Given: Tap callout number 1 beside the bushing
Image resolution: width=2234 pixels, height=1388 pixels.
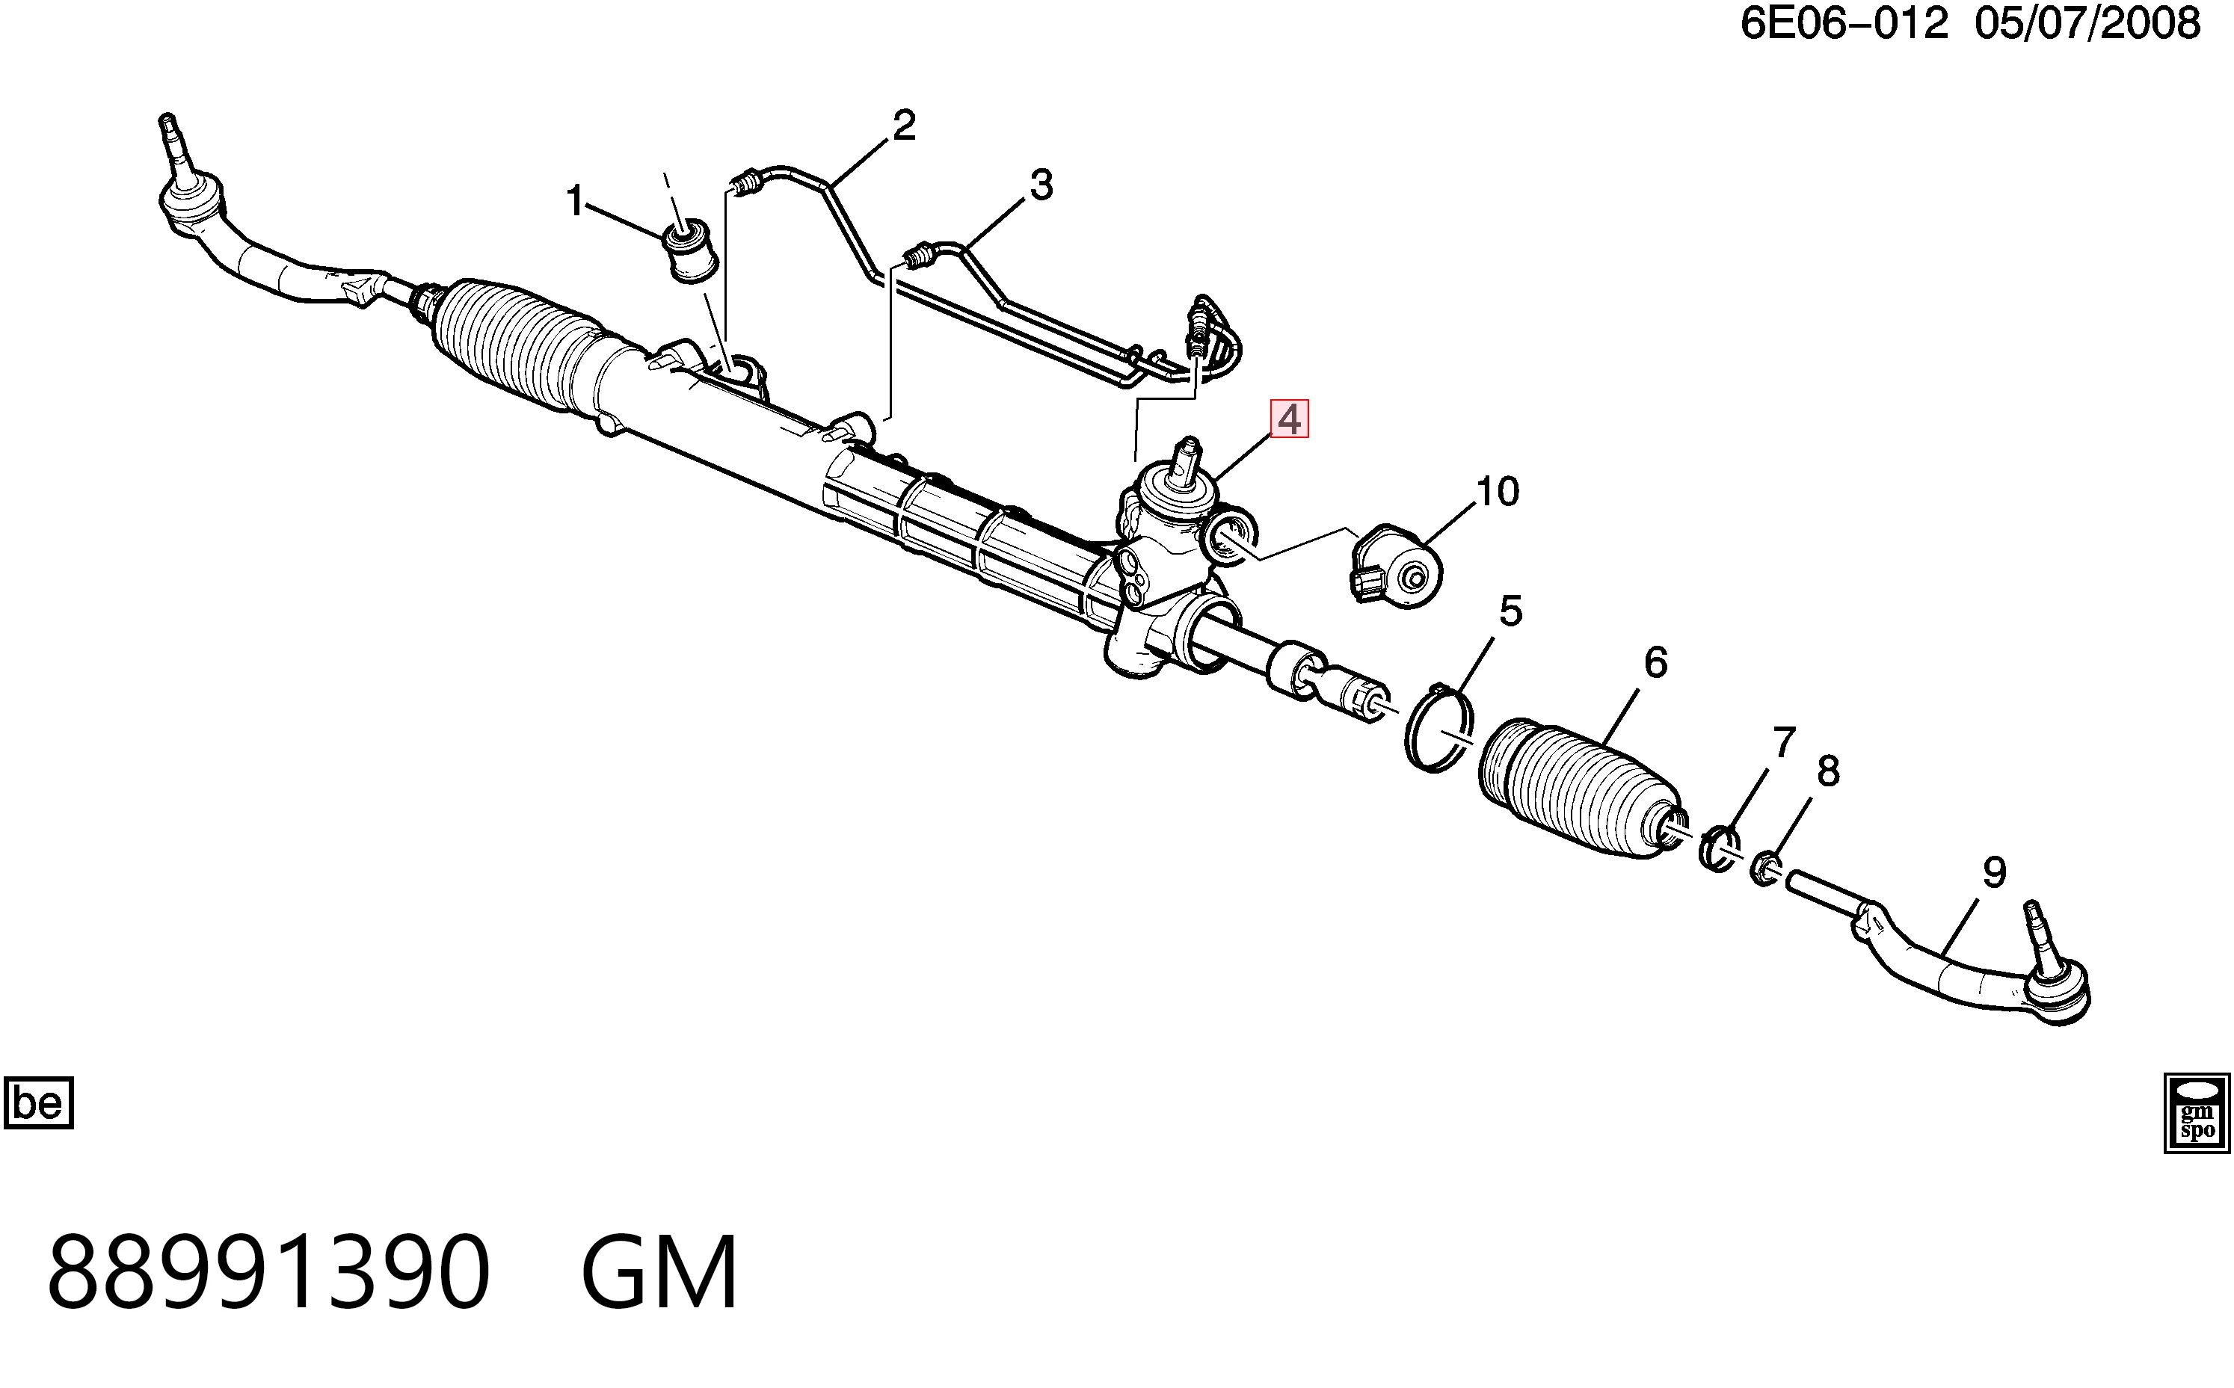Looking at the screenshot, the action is [575, 201].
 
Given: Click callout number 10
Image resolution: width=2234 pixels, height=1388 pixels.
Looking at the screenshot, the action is [1498, 492].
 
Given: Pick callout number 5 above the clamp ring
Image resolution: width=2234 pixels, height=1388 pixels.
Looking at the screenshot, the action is [1510, 611].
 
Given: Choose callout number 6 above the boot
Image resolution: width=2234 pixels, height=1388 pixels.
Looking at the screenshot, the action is [1655, 663].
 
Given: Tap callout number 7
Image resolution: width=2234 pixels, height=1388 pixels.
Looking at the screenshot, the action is [1784, 743].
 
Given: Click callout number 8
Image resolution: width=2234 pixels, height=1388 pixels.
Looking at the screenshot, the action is [1828, 771].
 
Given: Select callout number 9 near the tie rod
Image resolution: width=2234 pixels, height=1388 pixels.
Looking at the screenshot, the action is [1994, 872].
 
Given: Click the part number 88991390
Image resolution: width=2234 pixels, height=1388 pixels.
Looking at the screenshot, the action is [269, 1272].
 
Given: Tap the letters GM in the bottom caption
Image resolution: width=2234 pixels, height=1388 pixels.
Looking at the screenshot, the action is [659, 1272].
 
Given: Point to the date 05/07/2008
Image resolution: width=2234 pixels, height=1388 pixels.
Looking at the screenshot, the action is [2088, 24].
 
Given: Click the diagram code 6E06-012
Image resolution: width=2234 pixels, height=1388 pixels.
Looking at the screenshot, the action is [1844, 24].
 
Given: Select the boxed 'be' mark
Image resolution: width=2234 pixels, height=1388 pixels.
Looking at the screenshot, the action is [39, 1102].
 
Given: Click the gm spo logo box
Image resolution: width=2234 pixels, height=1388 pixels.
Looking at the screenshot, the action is [2197, 1113].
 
